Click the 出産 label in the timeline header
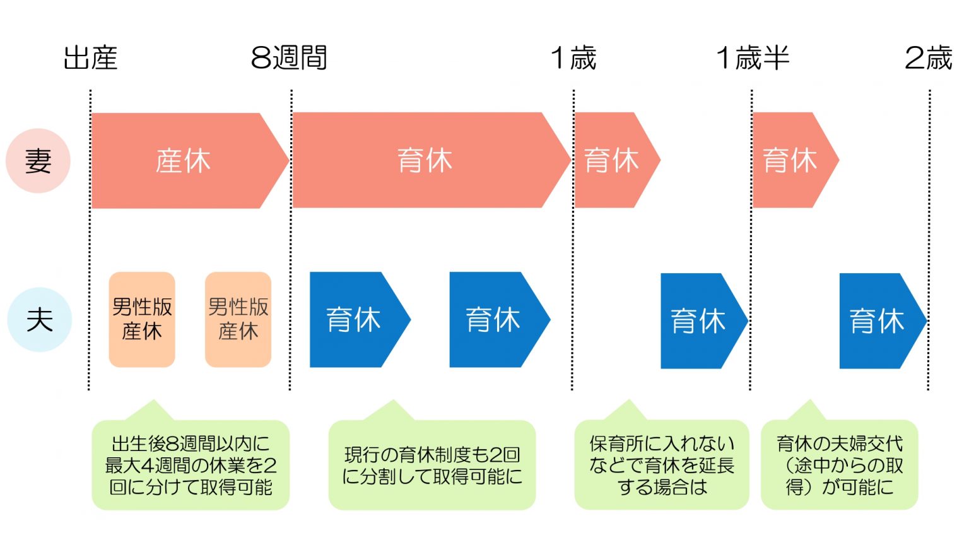[x=90, y=58]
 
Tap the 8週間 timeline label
[x=289, y=58]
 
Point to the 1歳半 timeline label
[x=752, y=58]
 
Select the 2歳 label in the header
[x=927, y=58]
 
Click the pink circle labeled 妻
[x=38, y=161]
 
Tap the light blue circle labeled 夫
[x=39, y=319]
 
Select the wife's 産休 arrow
[x=183, y=161]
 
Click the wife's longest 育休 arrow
[x=425, y=160]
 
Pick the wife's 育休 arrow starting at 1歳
[x=611, y=160]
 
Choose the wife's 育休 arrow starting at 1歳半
[x=790, y=160]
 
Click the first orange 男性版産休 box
[x=142, y=319]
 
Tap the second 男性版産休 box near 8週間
[x=238, y=319]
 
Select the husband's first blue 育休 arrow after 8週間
[x=354, y=319]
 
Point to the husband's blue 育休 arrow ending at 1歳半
[x=698, y=320]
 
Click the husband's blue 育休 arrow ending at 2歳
[x=877, y=320]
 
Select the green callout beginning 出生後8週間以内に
[x=191, y=465]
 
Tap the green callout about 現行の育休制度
[x=432, y=465]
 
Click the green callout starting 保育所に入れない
[x=662, y=465]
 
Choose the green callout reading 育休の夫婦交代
[x=840, y=465]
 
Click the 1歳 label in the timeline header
[x=573, y=58]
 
